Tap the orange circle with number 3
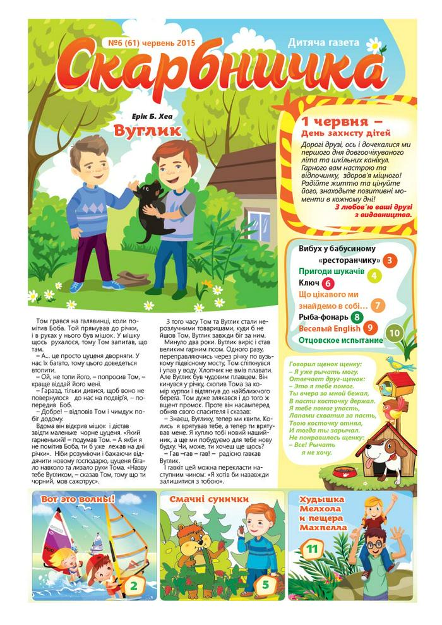click(x=391, y=260)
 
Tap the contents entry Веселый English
click(x=330, y=329)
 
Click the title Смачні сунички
click(x=208, y=499)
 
